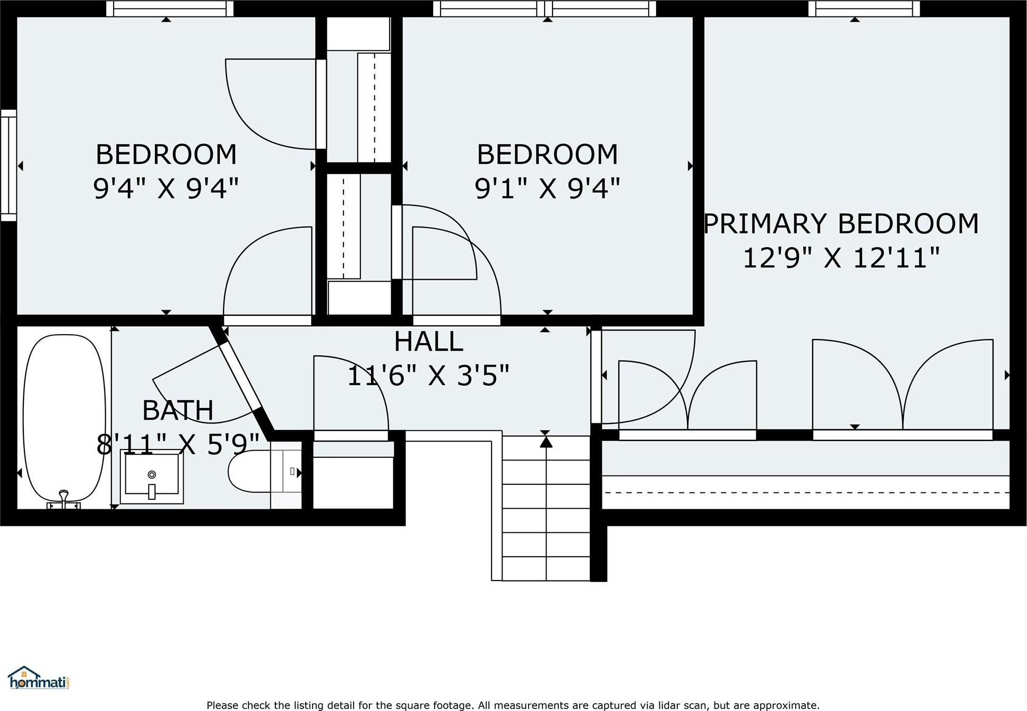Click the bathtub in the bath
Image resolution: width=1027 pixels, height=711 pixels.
[x=64, y=419]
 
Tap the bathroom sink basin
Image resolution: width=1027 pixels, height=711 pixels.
[x=152, y=475]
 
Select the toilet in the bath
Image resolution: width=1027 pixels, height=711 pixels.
[x=249, y=471]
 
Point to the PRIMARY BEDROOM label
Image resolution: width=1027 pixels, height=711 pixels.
[x=841, y=223]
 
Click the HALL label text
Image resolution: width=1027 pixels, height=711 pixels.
[x=428, y=341]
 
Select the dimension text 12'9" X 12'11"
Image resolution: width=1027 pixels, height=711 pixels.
[x=841, y=258]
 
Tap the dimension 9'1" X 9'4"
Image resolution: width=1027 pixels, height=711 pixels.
[x=547, y=188]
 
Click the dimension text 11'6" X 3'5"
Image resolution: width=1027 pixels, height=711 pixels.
[x=428, y=376]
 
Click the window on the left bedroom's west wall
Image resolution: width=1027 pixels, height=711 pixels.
[x=8, y=165]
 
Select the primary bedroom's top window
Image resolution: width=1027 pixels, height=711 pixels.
[x=864, y=8]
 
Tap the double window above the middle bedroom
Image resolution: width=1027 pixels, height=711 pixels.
[x=545, y=8]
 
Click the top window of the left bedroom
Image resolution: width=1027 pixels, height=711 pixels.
[x=169, y=8]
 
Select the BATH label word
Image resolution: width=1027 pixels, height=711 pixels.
[x=178, y=410]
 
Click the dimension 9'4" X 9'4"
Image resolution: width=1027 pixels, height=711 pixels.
[x=166, y=188]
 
